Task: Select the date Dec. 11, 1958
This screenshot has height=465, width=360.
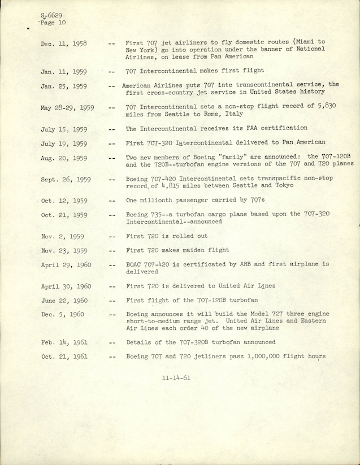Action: tap(63, 44)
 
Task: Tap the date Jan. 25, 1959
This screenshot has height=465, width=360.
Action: tap(63, 86)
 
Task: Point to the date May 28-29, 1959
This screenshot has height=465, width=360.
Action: tap(67, 108)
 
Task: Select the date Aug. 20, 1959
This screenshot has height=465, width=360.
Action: tap(64, 159)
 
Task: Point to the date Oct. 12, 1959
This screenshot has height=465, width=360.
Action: tap(64, 201)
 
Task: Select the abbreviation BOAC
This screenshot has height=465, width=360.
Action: tap(136, 264)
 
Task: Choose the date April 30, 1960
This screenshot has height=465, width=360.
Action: tap(67, 286)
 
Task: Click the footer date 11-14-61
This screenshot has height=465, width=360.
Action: tap(176, 378)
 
